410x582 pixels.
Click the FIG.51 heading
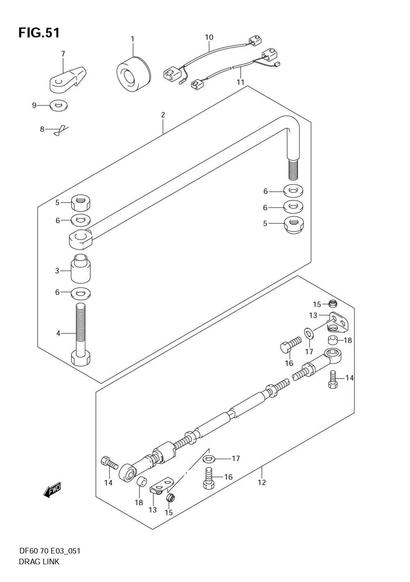[x=39, y=33]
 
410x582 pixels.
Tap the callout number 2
[x=163, y=115]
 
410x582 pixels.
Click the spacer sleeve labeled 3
[x=81, y=269]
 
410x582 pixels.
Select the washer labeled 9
[x=59, y=106]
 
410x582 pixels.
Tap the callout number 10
[x=209, y=37]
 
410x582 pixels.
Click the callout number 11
[x=240, y=82]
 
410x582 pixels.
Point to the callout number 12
[x=262, y=482]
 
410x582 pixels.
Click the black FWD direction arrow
[x=52, y=490]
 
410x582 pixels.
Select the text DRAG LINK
[x=39, y=562]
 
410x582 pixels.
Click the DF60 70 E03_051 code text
[x=49, y=551]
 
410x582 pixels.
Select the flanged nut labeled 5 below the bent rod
[x=294, y=225]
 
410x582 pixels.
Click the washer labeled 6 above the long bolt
[x=81, y=293]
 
